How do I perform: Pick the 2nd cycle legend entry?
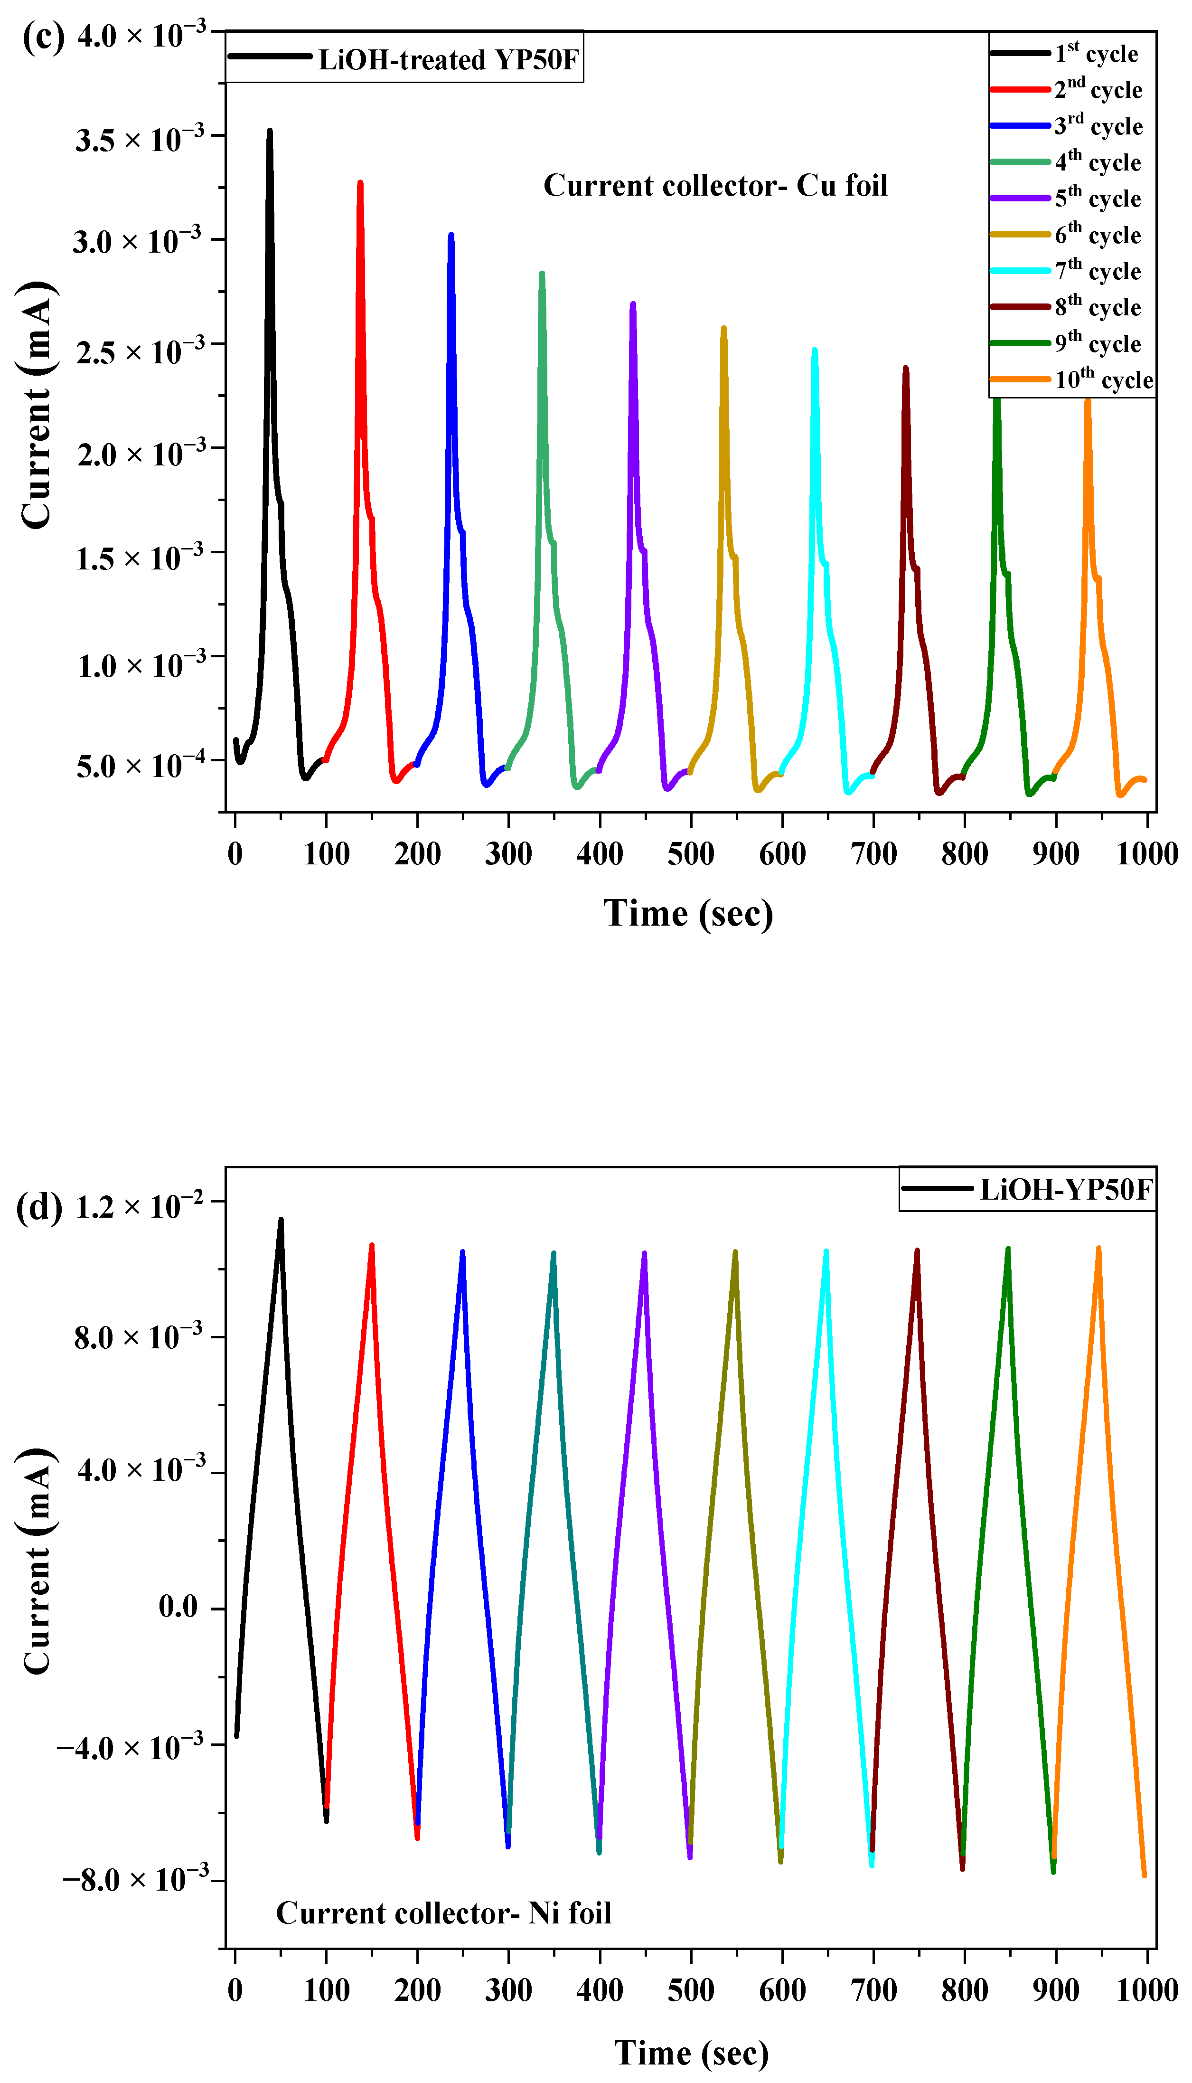[x=1097, y=89]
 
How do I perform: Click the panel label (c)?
[x=43, y=37]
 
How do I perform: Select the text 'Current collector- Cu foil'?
[x=715, y=186]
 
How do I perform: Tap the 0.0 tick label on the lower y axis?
[x=178, y=1607]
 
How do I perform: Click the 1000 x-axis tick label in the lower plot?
[x=1146, y=1990]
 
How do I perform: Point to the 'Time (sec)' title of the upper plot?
[x=688, y=913]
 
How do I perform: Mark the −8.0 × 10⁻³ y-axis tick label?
[x=135, y=1879]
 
